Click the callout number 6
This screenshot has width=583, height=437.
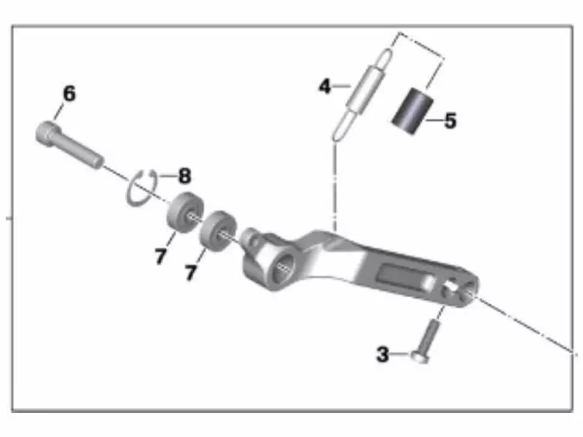[69, 94]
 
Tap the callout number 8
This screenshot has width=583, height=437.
[184, 176]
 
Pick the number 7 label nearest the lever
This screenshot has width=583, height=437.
[191, 273]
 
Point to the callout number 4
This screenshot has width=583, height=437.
[325, 87]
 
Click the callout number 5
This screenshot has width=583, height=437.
[450, 120]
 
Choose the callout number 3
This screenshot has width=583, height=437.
[383, 355]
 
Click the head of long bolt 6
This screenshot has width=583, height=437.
[46, 134]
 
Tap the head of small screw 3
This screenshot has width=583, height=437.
[419, 358]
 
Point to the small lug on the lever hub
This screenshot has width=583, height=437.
[253, 238]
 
